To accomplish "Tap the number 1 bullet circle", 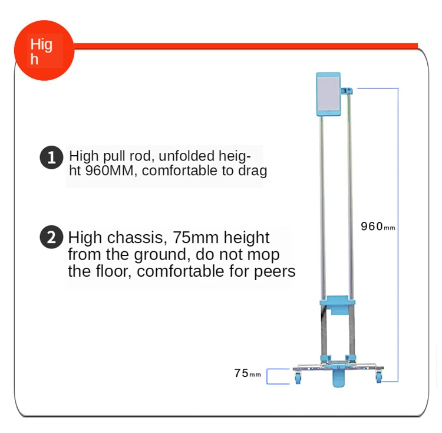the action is point(51,158).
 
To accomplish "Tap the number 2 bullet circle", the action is point(51,238).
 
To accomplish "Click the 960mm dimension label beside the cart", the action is point(377,227).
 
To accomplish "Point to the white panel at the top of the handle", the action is point(328,94).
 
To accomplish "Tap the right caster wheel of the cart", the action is point(377,377).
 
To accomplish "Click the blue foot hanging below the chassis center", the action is point(338,379).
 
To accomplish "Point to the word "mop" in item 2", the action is point(263,255).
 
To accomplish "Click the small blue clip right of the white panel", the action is point(348,91).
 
